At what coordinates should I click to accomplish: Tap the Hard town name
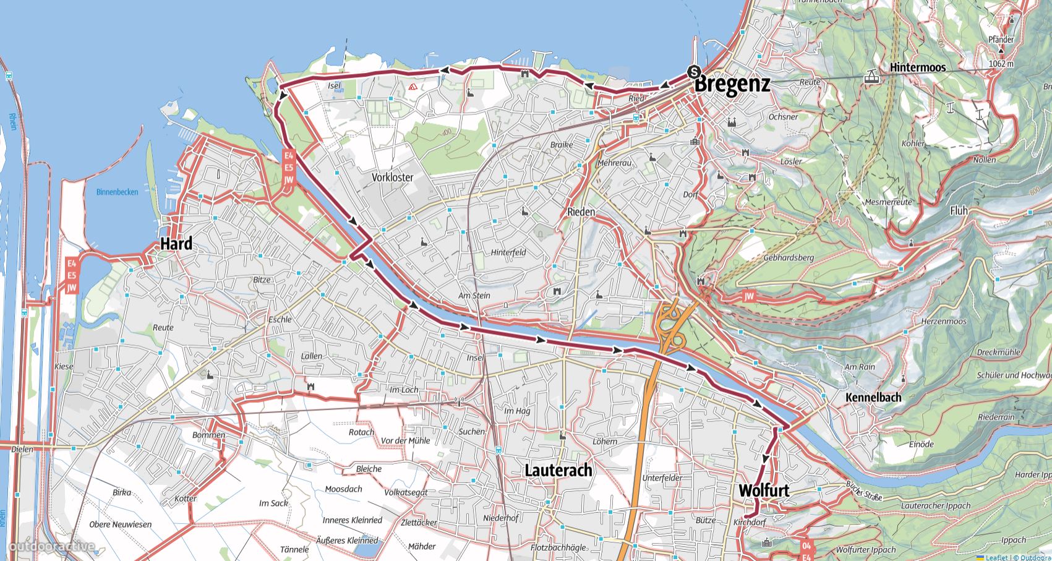tap(176, 244)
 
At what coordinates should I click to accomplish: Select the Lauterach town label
tap(558, 470)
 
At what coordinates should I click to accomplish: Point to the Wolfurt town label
tap(764, 490)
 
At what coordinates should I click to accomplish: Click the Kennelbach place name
tap(873, 397)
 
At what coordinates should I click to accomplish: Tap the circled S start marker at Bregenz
tap(694, 71)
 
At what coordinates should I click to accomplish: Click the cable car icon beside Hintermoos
tap(872, 77)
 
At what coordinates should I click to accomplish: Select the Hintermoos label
tap(918, 67)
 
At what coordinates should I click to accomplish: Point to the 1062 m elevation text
tap(1001, 64)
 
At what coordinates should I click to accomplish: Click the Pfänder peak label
tap(1001, 40)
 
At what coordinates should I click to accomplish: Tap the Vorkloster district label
tap(392, 178)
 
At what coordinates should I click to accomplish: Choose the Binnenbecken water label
tap(118, 192)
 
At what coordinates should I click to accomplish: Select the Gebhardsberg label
tap(789, 257)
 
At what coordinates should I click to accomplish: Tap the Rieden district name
tap(581, 212)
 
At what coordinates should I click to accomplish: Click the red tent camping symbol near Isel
tap(413, 87)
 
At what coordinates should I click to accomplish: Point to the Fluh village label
tap(959, 211)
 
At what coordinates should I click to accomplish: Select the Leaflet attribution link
tap(997, 557)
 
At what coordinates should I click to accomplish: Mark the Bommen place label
tap(208, 435)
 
